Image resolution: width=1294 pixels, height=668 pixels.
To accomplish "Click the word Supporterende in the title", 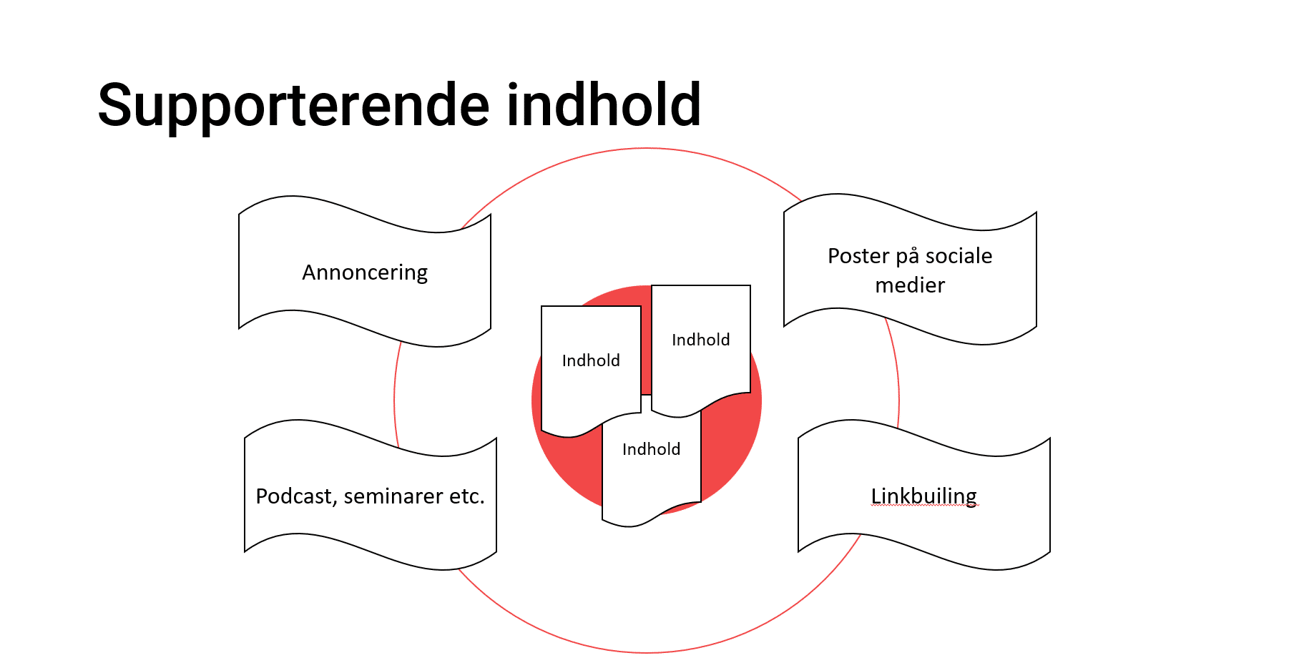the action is pyautogui.click(x=294, y=106).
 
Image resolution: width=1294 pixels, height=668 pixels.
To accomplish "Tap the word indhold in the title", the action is pyautogui.click(x=604, y=104).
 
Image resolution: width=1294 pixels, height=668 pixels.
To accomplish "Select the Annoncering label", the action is pyautogui.click(x=365, y=272).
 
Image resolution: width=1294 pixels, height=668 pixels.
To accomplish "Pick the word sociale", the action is pyautogui.click(x=959, y=256).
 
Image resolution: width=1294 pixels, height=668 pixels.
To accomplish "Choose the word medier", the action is pyautogui.click(x=910, y=285).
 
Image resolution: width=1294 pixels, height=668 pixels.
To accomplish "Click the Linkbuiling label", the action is pyautogui.click(x=924, y=496).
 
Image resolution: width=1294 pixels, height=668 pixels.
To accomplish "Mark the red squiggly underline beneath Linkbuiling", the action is pyautogui.click(x=924, y=506).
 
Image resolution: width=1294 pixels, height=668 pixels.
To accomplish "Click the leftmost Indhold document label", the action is pyautogui.click(x=591, y=360).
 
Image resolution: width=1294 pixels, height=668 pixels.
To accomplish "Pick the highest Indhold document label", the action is pyautogui.click(x=701, y=340).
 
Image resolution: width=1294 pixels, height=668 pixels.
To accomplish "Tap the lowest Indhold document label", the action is pyautogui.click(x=652, y=449).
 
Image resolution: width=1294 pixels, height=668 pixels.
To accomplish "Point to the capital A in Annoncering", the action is pyautogui.click(x=309, y=272).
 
